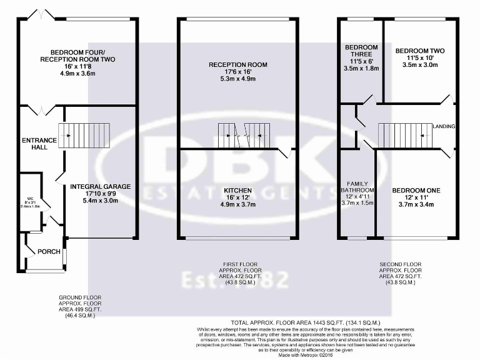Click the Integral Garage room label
pos(100,186)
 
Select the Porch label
pos(49,252)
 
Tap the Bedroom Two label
pos(420,50)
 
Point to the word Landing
pos(444,127)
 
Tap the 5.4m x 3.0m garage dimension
pos(100,201)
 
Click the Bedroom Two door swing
pos(446,99)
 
